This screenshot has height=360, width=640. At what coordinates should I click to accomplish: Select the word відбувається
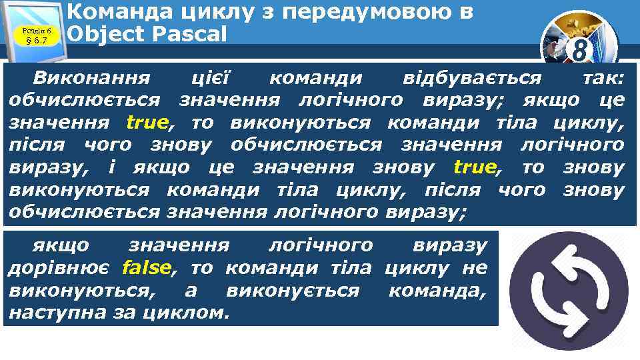pos(473,79)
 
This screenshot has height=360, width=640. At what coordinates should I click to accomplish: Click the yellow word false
pos(147,268)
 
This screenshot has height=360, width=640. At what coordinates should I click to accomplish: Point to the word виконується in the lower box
pos(293,290)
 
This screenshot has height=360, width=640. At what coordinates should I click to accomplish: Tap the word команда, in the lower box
pos(437,290)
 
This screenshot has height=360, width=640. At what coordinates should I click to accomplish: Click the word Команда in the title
pos(116,12)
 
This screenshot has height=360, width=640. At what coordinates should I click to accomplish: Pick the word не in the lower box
pos(476,268)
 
